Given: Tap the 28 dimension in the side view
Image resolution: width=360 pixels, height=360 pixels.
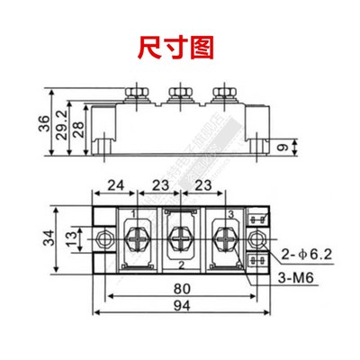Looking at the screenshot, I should (x=79, y=128).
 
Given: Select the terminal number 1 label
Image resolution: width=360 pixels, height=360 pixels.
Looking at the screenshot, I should (x=134, y=214).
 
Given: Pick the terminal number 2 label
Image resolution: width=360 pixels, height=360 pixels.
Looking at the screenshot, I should (x=182, y=266).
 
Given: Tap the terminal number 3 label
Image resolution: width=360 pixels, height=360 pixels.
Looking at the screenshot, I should (x=229, y=214).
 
